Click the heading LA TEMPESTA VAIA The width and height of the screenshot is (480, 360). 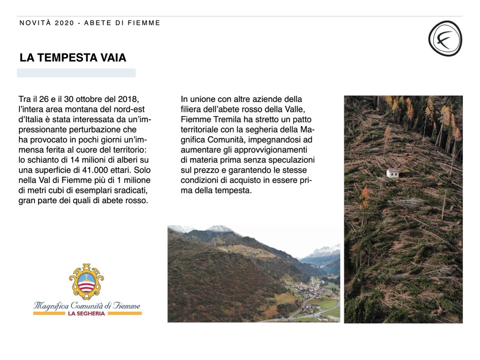(x=73, y=58)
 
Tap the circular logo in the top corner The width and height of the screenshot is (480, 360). (x=445, y=38)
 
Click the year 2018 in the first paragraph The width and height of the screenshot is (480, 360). (x=129, y=100)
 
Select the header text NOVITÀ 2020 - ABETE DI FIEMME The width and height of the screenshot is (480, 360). (x=90, y=23)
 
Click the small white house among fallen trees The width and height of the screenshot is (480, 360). (x=393, y=173)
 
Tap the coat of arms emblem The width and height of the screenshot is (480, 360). (x=86, y=281)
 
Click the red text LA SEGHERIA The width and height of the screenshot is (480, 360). (x=86, y=314)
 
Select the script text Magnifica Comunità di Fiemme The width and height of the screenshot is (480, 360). (x=86, y=306)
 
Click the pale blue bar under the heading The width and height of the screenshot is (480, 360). (x=76, y=73)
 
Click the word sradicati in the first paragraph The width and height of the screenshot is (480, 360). (x=131, y=190)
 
